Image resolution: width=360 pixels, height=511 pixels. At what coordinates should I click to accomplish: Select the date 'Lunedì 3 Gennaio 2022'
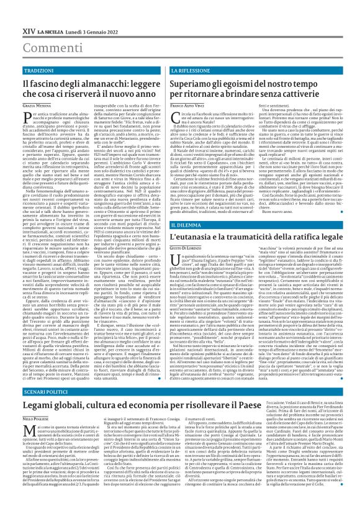(x=92, y=12)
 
